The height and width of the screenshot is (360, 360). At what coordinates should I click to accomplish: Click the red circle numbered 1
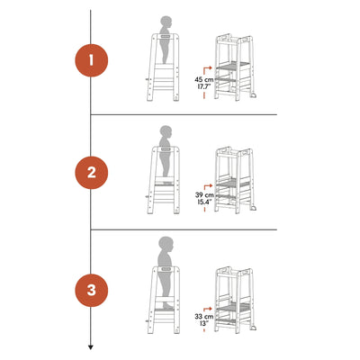point(91,60)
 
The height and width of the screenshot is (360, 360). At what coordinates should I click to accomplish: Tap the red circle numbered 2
point(91,173)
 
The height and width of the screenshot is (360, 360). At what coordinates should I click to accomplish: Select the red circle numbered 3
point(91,290)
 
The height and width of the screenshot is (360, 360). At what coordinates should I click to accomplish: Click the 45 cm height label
point(204,80)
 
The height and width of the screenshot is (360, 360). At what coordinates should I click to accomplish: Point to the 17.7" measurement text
point(204,86)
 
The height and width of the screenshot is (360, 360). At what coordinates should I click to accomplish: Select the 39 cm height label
point(204,195)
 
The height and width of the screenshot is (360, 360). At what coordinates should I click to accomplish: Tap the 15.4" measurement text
point(204,202)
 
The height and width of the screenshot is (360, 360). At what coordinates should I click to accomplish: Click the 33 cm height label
point(204,317)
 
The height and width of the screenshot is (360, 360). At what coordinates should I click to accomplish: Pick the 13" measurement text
point(204,323)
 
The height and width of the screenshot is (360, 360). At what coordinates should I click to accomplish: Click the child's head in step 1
point(166,22)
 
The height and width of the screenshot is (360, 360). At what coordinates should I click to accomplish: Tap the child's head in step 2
point(166,131)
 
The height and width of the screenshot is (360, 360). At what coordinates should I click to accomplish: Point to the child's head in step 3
point(166,244)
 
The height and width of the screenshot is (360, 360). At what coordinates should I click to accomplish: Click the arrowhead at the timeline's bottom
point(91,347)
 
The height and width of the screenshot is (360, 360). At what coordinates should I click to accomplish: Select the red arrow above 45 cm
point(208,71)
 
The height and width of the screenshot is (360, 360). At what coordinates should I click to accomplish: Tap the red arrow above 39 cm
point(208,187)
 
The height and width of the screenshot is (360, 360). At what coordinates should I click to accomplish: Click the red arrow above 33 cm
point(208,310)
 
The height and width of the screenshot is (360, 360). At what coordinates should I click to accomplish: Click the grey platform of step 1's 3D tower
point(233,65)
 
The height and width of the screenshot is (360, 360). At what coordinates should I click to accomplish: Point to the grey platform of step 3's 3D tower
point(233,307)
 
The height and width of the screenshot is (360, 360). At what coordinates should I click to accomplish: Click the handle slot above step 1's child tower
point(165,36)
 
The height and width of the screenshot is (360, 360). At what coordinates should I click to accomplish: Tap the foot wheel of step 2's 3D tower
point(254,208)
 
